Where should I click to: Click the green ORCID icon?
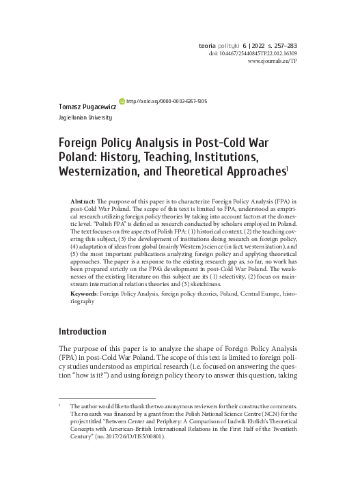pyautogui.click(x=122, y=100)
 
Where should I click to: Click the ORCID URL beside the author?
pyautogui.click(x=167, y=100)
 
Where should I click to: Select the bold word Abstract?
pyautogui.click(x=83, y=203)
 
